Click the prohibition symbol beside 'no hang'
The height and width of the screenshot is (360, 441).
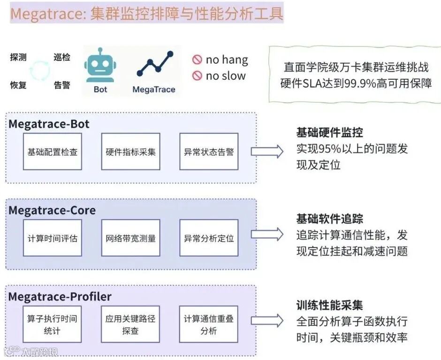click(x=197, y=60)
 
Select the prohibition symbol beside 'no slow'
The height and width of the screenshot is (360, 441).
click(x=197, y=76)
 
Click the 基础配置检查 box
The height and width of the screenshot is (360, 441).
click(x=52, y=152)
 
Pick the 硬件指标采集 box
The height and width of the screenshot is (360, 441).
click(x=130, y=152)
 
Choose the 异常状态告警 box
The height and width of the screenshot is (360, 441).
click(x=209, y=152)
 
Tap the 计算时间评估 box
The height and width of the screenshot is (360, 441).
click(x=52, y=238)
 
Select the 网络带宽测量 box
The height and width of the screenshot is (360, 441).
click(x=130, y=238)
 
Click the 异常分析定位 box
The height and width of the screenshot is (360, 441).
click(x=209, y=238)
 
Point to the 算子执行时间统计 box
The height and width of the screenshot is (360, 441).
click(x=52, y=324)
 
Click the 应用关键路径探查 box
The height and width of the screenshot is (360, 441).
click(x=130, y=324)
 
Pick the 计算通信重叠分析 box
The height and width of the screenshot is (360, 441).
click(x=209, y=324)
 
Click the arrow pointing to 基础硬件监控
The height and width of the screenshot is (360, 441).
click(x=267, y=151)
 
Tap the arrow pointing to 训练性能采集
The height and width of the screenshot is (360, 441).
click(x=267, y=321)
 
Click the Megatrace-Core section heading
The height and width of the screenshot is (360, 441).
click(x=52, y=210)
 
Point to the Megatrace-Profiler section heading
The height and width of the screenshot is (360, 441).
click(x=60, y=296)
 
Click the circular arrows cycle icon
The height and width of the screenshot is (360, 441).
click(x=39, y=71)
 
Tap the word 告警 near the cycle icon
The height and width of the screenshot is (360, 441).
click(x=62, y=85)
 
